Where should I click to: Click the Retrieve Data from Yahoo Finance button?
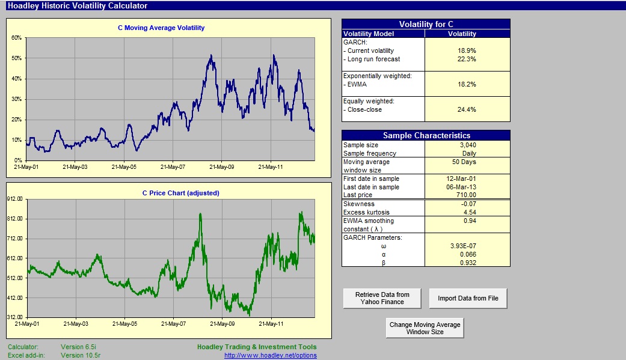(x=382, y=298)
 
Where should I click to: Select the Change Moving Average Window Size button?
(x=425, y=328)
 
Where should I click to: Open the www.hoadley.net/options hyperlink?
(x=270, y=355)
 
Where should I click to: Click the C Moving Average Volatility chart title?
(x=161, y=28)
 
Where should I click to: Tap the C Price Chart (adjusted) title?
(x=181, y=193)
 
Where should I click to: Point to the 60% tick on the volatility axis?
(x=16, y=37)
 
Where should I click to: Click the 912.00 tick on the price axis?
(x=15, y=199)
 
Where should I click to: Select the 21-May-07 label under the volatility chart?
(x=173, y=167)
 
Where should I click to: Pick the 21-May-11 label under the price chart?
(x=271, y=324)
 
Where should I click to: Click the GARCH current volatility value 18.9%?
(x=467, y=50)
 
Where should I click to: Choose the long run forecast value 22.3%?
(x=467, y=59)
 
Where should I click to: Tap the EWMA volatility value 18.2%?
(x=467, y=84)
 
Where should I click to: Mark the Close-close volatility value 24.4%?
(x=467, y=109)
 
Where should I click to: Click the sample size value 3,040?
(x=468, y=145)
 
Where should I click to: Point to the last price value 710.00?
(x=466, y=195)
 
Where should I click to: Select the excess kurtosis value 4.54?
(x=470, y=212)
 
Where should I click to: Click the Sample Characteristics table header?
(x=426, y=135)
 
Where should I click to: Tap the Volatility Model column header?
(x=369, y=34)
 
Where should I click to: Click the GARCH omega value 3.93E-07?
(x=463, y=246)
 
